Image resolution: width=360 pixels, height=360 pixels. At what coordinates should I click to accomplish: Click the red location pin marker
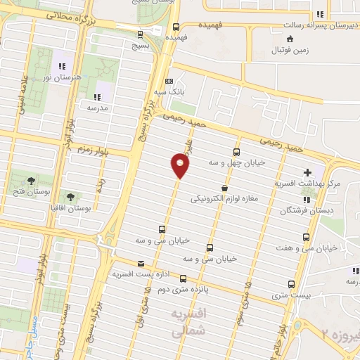pos(180,166)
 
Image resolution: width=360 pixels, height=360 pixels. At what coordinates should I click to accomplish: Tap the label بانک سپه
pos(171,91)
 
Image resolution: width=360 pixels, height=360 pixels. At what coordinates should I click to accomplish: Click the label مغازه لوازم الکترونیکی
pos(224,198)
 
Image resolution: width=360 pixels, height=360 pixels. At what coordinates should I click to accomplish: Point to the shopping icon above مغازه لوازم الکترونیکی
pos(224,188)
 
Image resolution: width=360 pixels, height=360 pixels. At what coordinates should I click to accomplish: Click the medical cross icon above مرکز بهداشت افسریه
pos(307,172)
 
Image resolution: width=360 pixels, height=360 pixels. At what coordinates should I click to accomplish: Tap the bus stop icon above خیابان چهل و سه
pos(236,152)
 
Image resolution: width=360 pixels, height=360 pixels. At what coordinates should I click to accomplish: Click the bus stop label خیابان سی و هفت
pos(328,247)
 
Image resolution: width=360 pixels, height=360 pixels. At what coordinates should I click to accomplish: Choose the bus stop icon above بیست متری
pos(292,284)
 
